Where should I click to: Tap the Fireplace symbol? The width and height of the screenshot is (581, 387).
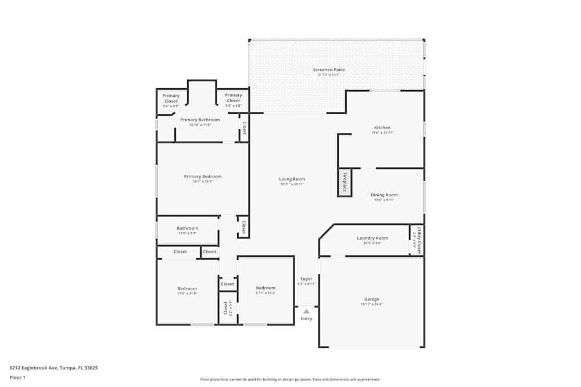click(345, 182)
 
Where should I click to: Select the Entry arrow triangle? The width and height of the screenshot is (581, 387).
click(306, 312)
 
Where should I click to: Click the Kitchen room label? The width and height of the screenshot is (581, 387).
click(382, 128)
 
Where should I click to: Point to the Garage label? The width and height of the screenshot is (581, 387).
click(371, 299)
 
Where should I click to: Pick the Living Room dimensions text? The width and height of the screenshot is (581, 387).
click(292, 185)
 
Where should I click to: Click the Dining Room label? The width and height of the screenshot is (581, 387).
click(384, 195)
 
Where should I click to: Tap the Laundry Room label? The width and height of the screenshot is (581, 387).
click(372, 238)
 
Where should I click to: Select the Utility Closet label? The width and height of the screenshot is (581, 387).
click(417, 240)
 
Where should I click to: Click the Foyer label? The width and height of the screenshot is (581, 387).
click(306, 279)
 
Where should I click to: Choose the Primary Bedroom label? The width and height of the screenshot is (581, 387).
click(203, 176)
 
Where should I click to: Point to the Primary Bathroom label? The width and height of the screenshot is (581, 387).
click(200, 120)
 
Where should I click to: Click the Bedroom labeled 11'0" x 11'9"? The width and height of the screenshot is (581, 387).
click(187, 288)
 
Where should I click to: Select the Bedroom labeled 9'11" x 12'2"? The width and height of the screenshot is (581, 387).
click(266, 288)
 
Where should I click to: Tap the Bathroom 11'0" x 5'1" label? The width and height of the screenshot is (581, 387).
click(187, 228)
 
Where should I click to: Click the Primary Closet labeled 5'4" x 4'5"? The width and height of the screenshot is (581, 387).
click(171, 98)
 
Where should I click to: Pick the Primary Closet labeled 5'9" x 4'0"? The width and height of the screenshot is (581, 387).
click(233, 98)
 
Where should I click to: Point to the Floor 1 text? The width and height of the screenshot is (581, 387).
click(17, 377)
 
